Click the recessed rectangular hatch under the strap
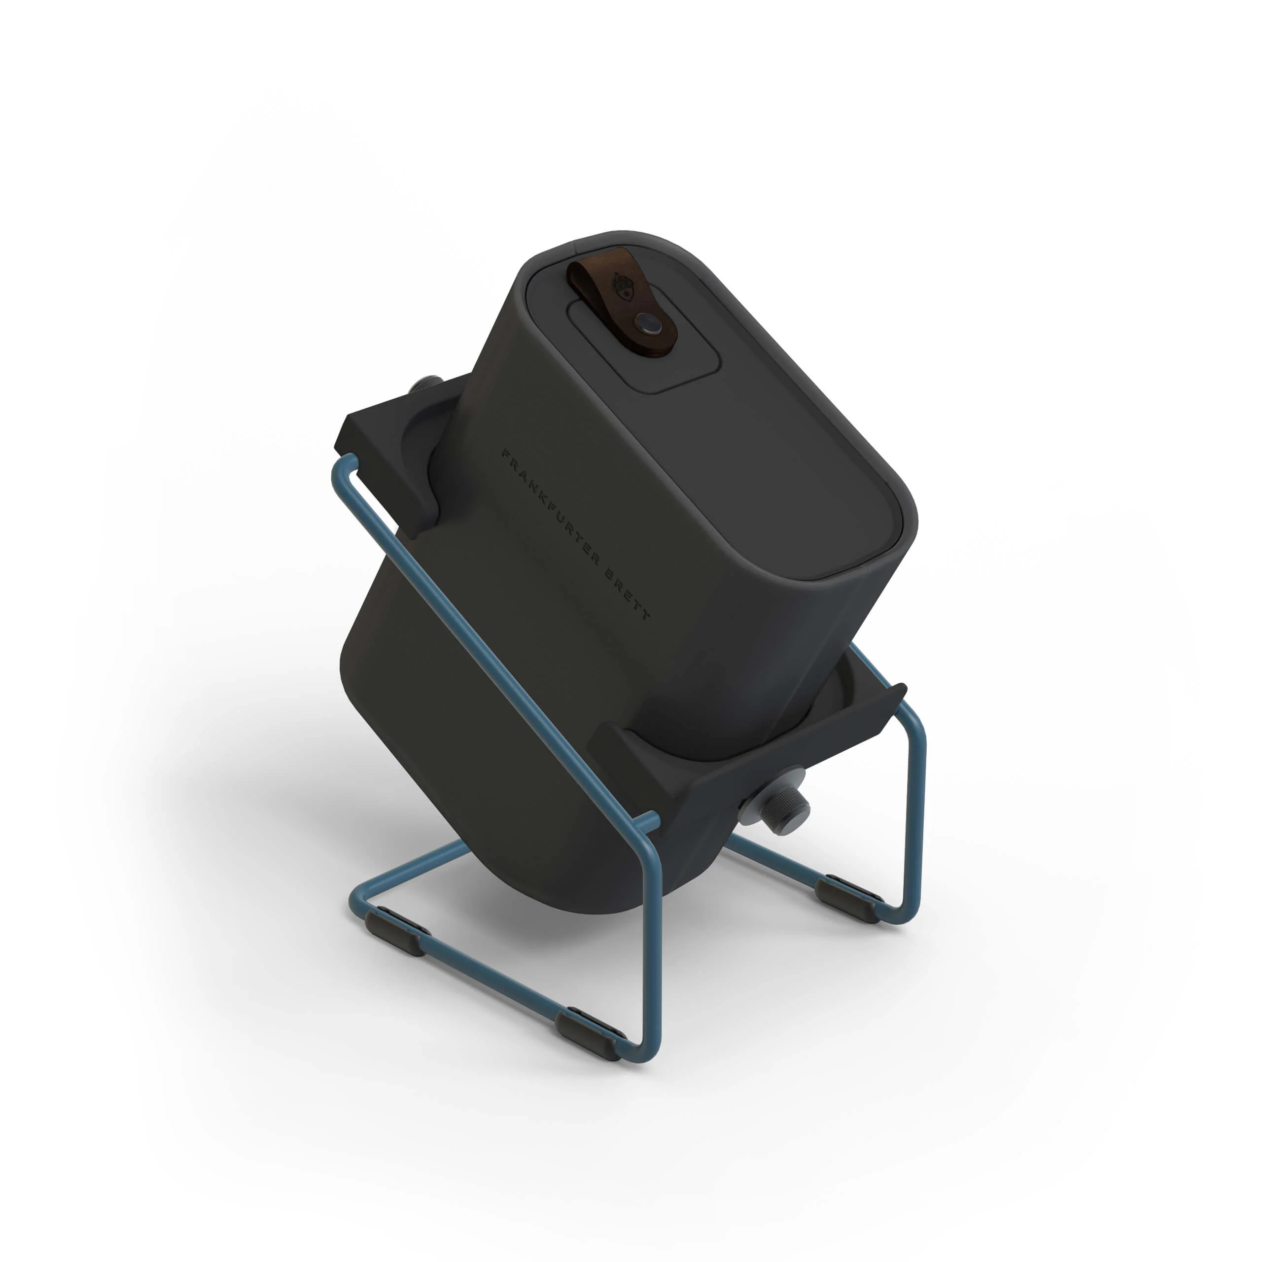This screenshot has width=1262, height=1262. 643,346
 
